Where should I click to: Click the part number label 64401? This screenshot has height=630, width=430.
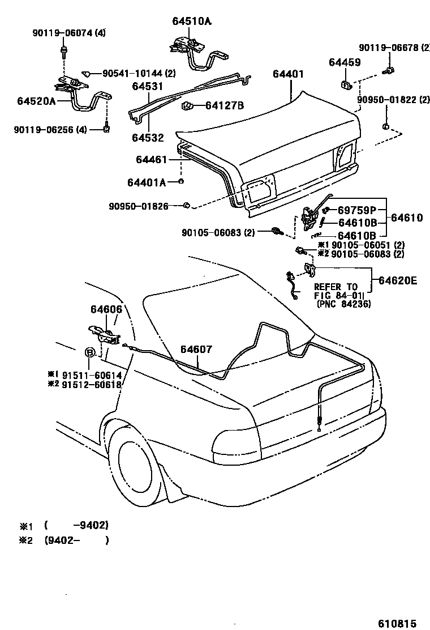[x=288, y=74]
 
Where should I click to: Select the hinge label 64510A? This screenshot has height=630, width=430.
[x=192, y=22]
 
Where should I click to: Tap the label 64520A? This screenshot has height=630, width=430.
[x=36, y=101]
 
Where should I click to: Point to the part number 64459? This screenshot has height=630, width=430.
[x=345, y=62]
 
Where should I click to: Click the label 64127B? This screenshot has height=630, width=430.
[x=224, y=105]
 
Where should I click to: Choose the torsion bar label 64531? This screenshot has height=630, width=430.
[x=147, y=87]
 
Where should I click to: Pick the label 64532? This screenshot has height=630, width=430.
[x=148, y=138]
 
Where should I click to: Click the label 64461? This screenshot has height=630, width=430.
[x=151, y=160]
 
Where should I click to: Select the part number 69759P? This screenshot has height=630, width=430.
[x=362, y=211]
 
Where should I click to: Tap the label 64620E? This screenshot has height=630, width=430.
[x=398, y=280]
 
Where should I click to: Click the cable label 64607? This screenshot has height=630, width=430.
[x=196, y=350]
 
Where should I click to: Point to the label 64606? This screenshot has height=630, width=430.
[x=106, y=309]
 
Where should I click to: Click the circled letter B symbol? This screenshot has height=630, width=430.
[x=90, y=353]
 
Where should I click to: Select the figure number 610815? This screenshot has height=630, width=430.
[x=397, y=621]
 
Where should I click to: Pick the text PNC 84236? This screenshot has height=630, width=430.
[x=345, y=304]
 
